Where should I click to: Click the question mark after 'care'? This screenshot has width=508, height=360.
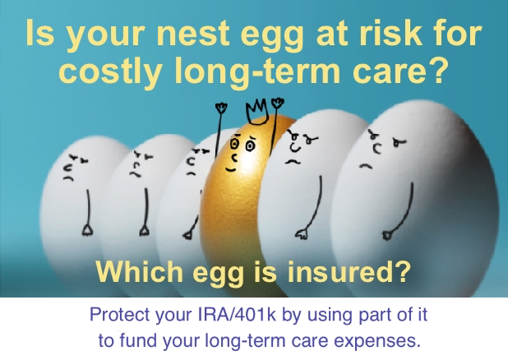click(438, 72)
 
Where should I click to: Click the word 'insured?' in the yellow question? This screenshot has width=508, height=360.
click(357, 271)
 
